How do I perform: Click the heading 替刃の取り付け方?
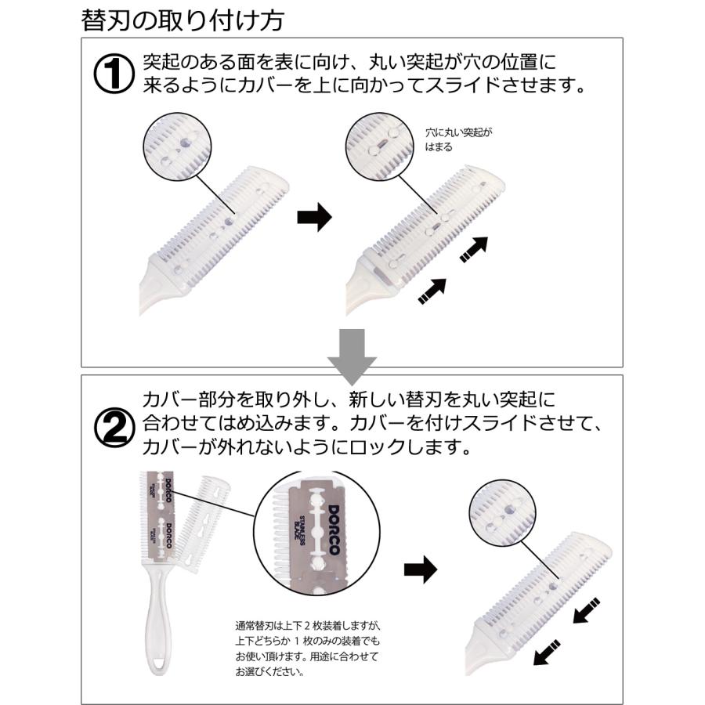tap(182, 19)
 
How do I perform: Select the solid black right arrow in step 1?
tap(314, 219)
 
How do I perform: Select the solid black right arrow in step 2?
tap(420, 570)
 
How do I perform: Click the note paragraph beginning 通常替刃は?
tap(306, 648)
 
